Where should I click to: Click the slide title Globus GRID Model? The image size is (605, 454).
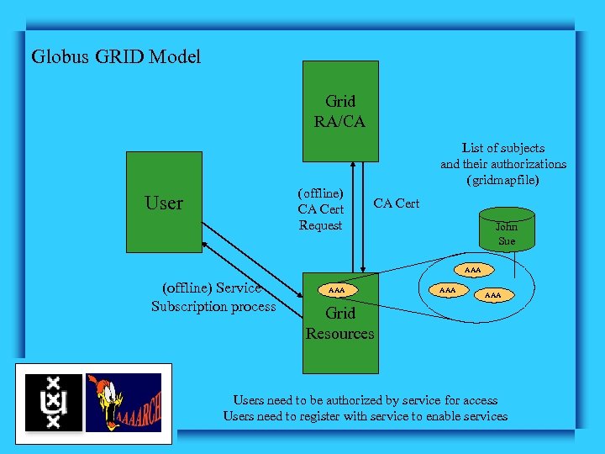coord(116,57)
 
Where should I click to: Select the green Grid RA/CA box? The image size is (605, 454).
coord(339,110)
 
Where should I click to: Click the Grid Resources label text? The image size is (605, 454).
coord(339,324)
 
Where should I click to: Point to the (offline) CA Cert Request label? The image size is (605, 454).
coord(320,209)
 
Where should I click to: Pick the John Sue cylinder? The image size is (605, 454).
coord(506,230)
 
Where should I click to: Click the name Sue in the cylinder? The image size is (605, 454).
coord(506,241)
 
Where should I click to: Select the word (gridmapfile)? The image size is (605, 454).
coord(502,179)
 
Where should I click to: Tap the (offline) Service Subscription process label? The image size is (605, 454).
coord(213,298)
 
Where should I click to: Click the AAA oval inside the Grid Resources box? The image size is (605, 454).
coord(336,290)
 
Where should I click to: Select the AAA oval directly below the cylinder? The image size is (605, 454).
coord(473,271)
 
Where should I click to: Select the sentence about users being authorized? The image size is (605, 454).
coord(365,400)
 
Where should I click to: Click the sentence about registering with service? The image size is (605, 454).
coord(365,416)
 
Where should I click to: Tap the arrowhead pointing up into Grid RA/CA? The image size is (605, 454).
coord(354,166)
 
